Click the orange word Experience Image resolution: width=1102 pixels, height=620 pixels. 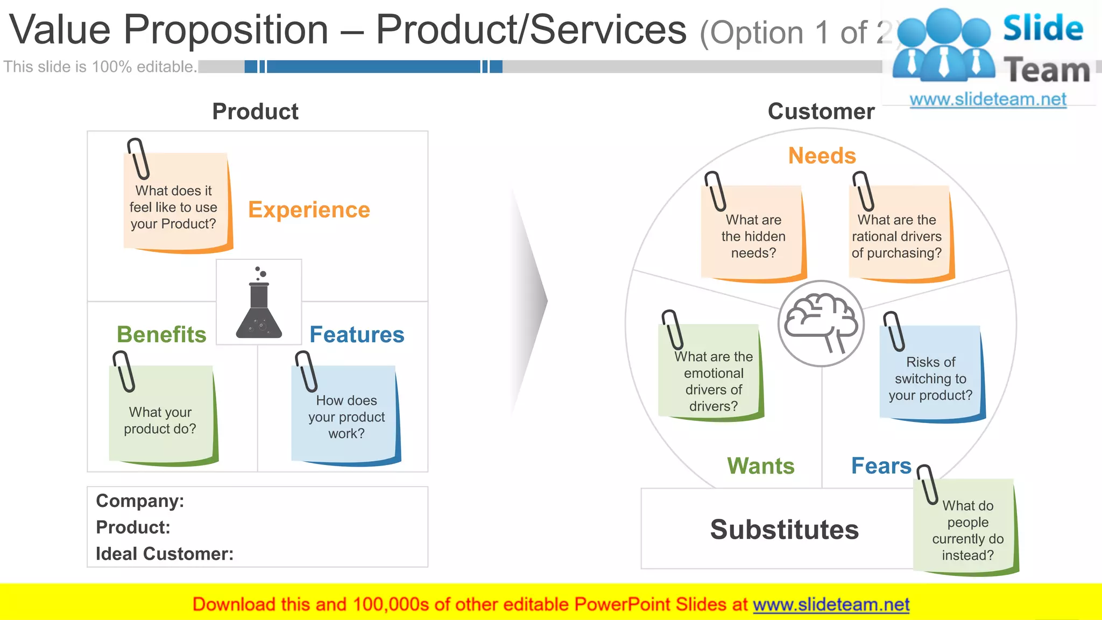309,210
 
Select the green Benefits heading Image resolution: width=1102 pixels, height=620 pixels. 161,335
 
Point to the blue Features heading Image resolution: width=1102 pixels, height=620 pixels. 357,335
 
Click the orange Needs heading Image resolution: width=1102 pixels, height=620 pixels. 822,156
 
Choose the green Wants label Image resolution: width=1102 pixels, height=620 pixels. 760,466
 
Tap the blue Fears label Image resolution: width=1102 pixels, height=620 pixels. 881,466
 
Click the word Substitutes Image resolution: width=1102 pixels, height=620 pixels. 784,530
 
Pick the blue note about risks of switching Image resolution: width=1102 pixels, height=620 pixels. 930,377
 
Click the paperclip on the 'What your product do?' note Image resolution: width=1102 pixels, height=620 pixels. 123,371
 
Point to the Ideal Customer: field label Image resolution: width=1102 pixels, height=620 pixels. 165,554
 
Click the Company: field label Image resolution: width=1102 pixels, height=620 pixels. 140,501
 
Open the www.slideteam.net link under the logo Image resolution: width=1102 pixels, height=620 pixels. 987,100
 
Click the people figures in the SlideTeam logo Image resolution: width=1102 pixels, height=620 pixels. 943,46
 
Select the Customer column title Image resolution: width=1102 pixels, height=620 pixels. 821,111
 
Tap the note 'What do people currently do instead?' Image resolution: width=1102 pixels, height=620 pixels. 967,530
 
